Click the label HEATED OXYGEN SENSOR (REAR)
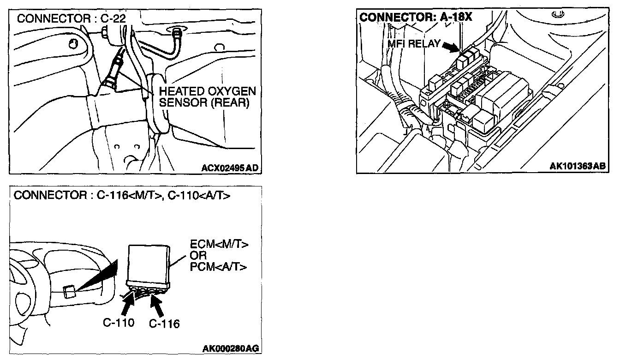point(206,96)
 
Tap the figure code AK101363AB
point(577,166)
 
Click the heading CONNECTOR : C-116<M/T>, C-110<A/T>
point(122,195)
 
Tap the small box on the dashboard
point(70,292)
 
